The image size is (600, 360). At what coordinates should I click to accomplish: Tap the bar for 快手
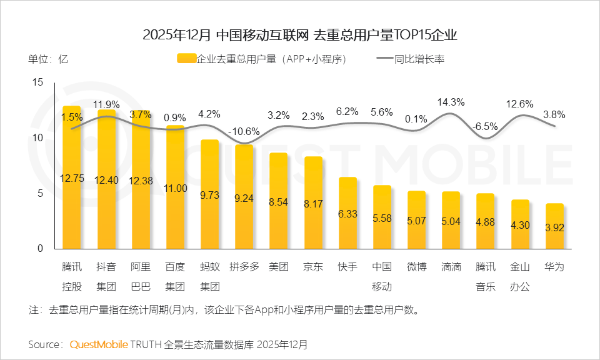pyautogui.click(x=347, y=212)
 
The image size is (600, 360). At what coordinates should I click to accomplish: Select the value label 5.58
pyautogui.click(x=382, y=218)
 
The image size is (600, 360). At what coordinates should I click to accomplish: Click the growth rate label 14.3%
pyautogui.click(x=451, y=102)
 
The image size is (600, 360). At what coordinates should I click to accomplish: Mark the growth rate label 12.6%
pyautogui.click(x=520, y=104)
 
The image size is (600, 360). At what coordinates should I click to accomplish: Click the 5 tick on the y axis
pyautogui.click(x=41, y=194)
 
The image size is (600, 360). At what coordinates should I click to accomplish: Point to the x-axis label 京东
pyautogui.click(x=313, y=267)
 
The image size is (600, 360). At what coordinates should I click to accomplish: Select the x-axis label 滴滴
pyautogui.click(x=451, y=267)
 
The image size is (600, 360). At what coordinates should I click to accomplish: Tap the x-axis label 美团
pyautogui.click(x=279, y=267)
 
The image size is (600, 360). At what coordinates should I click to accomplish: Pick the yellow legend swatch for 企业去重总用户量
pyautogui.click(x=186, y=59)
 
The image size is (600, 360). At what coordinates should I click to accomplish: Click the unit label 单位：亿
pyautogui.click(x=47, y=59)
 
